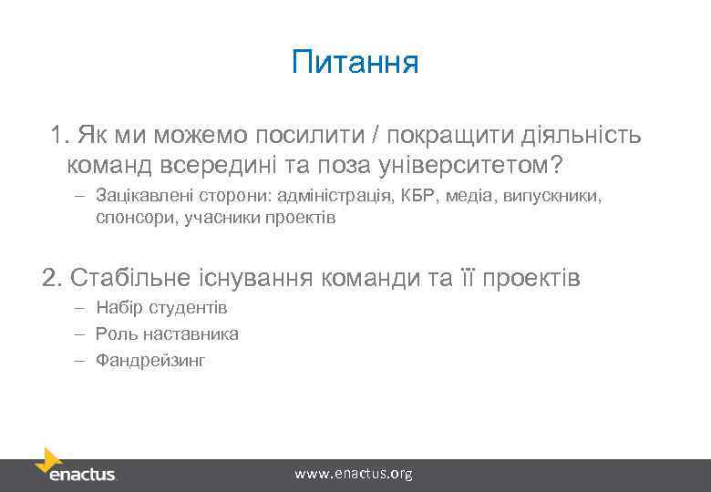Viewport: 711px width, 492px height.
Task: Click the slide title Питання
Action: (x=355, y=64)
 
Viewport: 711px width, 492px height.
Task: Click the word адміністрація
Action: (x=337, y=196)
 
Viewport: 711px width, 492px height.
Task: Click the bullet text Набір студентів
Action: (x=161, y=308)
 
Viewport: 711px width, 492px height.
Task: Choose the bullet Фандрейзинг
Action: (x=150, y=361)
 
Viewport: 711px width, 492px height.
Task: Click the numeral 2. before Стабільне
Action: (x=52, y=277)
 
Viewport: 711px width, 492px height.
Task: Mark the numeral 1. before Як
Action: (x=60, y=136)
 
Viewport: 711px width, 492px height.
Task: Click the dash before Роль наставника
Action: (x=80, y=333)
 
